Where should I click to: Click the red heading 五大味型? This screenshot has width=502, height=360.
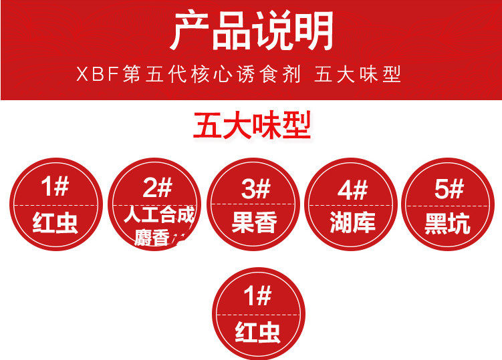(x=252, y=126)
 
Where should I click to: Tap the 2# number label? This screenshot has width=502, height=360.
(x=157, y=189)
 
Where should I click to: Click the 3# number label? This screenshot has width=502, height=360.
(x=255, y=189)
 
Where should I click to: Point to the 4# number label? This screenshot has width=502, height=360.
(x=352, y=190)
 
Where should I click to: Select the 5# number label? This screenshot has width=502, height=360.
(x=449, y=189)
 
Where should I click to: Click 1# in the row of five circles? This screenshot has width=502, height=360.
(x=55, y=187)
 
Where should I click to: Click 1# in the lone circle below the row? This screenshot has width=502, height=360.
(x=257, y=296)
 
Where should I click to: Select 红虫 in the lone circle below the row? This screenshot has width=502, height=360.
(x=257, y=332)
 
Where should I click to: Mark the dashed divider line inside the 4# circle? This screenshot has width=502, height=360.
(x=352, y=205)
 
